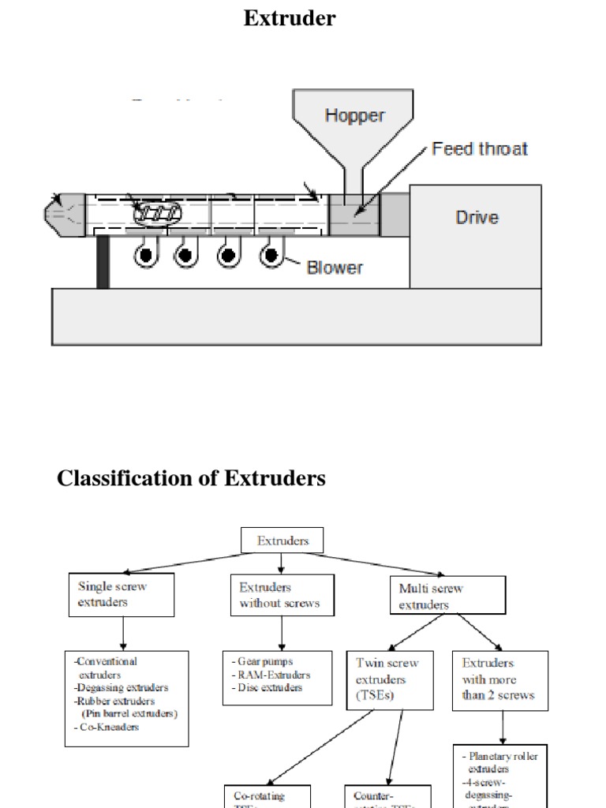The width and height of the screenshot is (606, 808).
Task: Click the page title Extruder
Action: tap(290, 17)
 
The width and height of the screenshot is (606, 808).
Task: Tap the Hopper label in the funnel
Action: tap(354, 115)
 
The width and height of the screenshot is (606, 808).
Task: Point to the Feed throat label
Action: tap(480, 148)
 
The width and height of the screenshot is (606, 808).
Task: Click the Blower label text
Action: tap(335, 267)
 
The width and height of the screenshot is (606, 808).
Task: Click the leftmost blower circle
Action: tap(145, 255)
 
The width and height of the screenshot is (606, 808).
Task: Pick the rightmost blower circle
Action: tap(271, 255)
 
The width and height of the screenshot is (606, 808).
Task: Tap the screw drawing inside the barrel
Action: tap(158, 211)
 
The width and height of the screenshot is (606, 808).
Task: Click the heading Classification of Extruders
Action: tap(191, 478)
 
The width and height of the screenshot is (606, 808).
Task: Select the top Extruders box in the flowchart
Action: tap(282, 541)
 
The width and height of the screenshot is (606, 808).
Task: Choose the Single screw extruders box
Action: tap(122, 595)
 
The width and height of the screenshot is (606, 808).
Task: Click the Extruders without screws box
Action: tap(282, 595)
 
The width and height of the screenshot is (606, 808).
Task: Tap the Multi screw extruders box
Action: tap(447, 596)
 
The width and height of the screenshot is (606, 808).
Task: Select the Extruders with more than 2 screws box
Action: tap(499, 679)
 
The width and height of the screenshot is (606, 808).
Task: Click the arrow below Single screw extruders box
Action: tap(123, 634)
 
